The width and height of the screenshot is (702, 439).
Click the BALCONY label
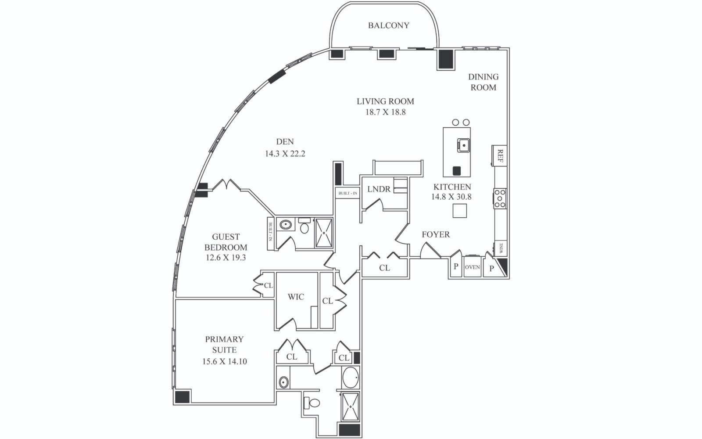(388, 25)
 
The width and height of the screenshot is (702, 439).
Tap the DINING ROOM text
(483, 82)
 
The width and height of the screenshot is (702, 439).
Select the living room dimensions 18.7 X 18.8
(385, 112)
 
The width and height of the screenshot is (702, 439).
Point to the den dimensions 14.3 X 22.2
(285, 154)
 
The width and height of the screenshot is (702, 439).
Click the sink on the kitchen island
(463, 145)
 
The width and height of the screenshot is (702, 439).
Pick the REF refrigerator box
(499, 155)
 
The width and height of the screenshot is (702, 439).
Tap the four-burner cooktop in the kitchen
(500, 198)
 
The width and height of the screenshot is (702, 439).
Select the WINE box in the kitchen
(501, 248)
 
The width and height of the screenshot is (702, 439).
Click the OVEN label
(472, 267)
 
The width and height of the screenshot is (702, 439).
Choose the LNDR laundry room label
(379, 189)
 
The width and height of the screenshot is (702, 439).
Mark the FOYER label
(436, 234)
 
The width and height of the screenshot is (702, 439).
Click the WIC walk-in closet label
(296, 297)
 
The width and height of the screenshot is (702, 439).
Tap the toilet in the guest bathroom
(304, 227)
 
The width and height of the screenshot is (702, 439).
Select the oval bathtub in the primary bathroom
(350, 378)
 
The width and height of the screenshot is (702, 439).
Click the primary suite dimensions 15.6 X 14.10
(224, 362)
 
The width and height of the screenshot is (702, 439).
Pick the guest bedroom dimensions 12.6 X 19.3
(226, 258)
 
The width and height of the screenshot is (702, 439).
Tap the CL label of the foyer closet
(384, 268)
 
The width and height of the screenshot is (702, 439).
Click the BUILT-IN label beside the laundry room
(347, 193)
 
